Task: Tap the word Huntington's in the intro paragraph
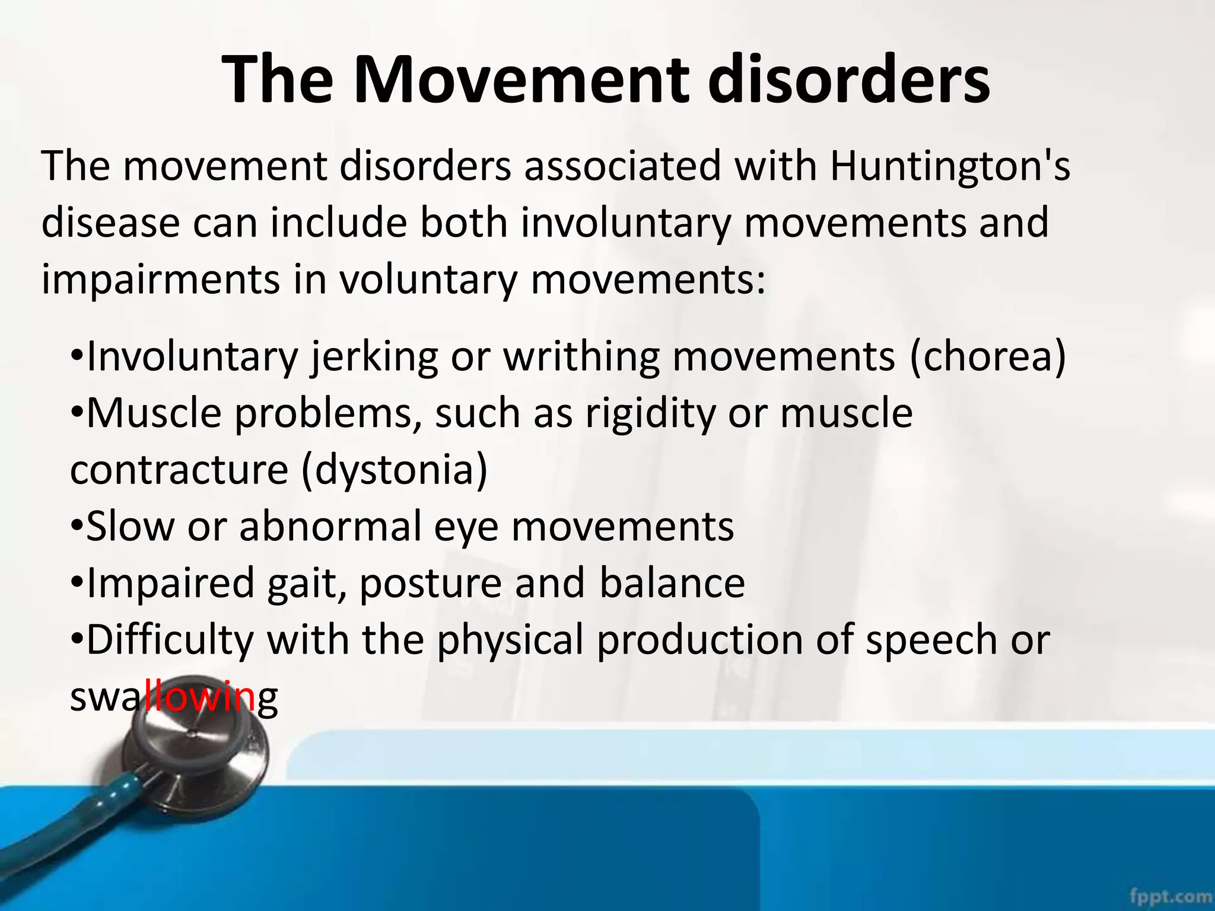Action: coord(950,166)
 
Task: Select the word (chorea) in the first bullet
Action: coord(988,357)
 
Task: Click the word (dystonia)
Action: coord(395,470)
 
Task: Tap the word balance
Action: coord(672,583)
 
